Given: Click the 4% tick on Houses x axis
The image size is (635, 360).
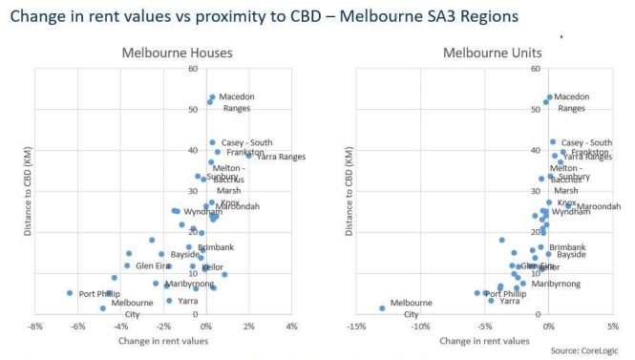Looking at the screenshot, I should point(291,325).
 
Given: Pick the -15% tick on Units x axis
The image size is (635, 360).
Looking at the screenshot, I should point(355,325).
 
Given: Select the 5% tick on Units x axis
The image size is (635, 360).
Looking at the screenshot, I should point(612,325).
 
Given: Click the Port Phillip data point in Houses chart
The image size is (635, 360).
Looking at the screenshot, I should point(70,293).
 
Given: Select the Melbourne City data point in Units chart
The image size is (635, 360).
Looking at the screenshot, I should point(382,308).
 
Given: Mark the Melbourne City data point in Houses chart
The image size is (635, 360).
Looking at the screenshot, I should point(103,308).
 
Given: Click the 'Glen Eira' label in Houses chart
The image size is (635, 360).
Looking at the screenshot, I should point(154,265).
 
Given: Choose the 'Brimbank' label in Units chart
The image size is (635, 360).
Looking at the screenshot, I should point(567,246).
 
